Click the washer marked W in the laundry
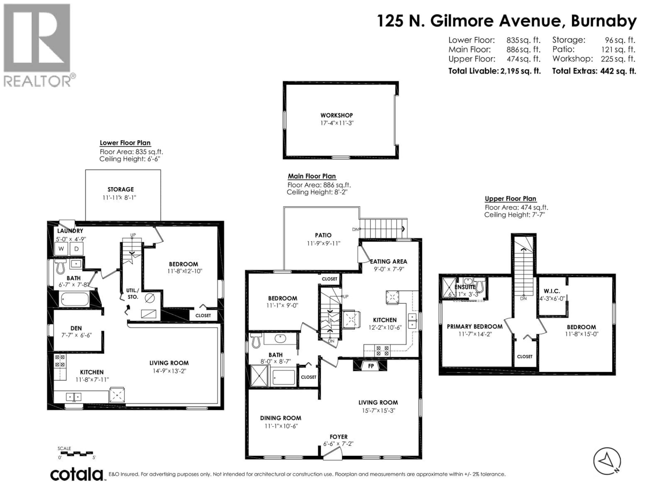(61, 248)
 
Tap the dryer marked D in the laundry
(77, 248)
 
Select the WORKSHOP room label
(336, 115)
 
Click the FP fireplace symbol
(371, 366)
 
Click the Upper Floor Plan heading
(510, 199)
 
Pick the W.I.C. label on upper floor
(552, 291)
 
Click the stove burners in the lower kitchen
(60, 361)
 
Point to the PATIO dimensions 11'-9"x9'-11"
(323, 243)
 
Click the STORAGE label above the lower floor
(121, 189)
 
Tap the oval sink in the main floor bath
(280, 339)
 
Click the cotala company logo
(77, 475)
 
